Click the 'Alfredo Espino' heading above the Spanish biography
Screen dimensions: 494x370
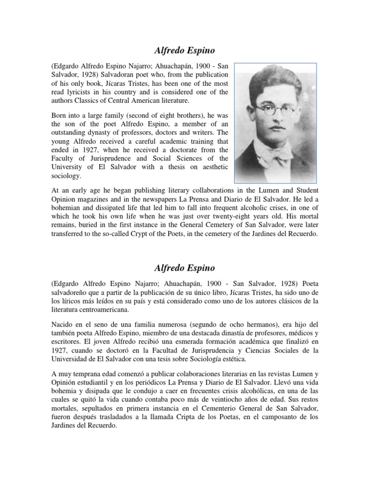pyautogui.click(x=185, y=267)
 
